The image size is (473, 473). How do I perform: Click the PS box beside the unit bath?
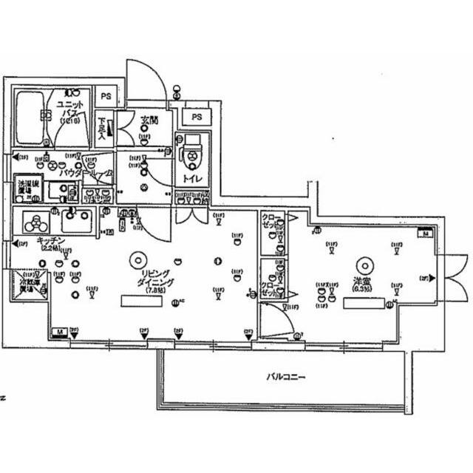pos(106,96)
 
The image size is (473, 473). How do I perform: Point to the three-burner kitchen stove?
pos(33,221)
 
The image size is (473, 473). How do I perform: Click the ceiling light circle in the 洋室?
pos(363,264)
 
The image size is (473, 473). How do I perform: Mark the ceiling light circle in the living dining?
pos(136,259)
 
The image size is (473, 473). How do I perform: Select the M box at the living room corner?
pos(58,333)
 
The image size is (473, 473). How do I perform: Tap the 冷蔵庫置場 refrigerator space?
pos(28,285)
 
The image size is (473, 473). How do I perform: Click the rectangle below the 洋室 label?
pos(363,302)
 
